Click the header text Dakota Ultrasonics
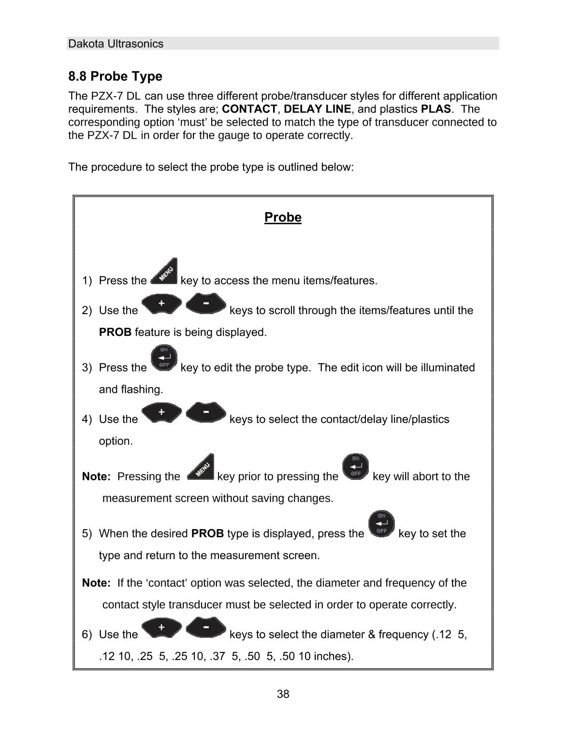tap(116, 44)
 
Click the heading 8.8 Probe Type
tap(115, 76)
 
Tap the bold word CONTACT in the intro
tap(249, 109)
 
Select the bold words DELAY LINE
tap(318, 109)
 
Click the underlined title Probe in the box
tap(283, 217)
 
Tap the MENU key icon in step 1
tap(164, 272)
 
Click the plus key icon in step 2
tap(162, 304)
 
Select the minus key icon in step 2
tap(206, 303)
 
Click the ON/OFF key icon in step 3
tap(164, 358)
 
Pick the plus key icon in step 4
tap(162, 413)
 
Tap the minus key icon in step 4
tap(206, 412)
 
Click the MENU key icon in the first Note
tap(200, 467)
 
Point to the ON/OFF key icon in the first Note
tap(355, 467)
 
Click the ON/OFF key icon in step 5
tap(381, 524)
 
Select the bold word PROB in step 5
tap(207, 534)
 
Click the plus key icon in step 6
tap(162, 628)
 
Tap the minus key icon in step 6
tap(206, 627)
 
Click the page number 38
tap(283, 694)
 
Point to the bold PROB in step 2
tap(115, 332)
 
